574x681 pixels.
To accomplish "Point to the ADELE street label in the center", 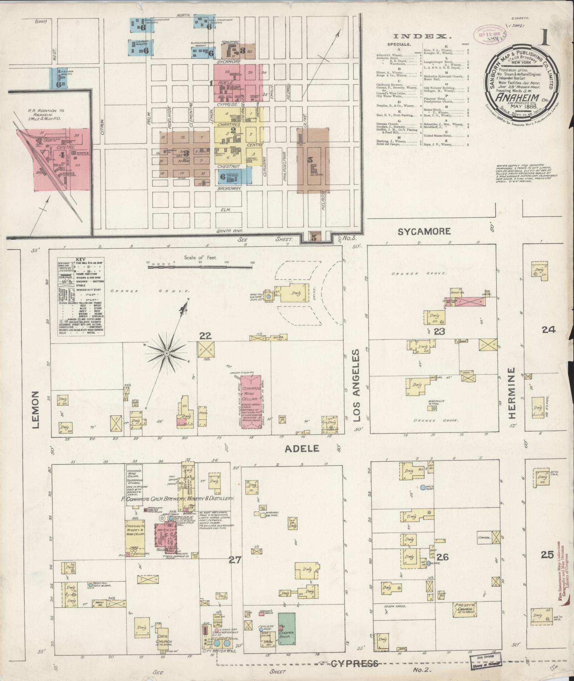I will tap(302, 449).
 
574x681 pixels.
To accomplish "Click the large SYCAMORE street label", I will tap(424, 231).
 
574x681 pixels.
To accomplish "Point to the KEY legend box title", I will tap(81, 260).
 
